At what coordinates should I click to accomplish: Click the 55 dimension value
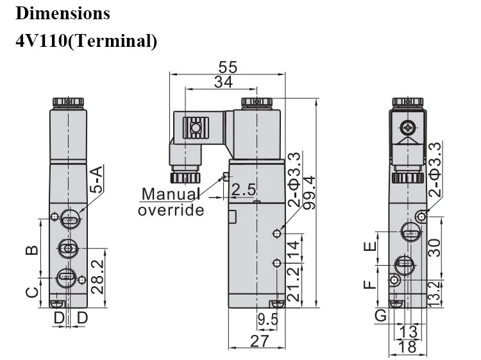[228, 67]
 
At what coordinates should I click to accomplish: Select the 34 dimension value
[223, 82]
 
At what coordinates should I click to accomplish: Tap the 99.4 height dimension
[309, 193]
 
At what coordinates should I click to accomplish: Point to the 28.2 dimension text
[99, 277]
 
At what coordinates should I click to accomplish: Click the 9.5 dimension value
[268, 320]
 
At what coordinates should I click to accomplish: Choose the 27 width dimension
[260, 341]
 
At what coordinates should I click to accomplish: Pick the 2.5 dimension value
[243, 190]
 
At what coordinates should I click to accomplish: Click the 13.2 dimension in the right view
[435, 294]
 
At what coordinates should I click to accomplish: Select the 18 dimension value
[408, 347]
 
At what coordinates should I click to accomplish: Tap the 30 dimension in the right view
[434, 248]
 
